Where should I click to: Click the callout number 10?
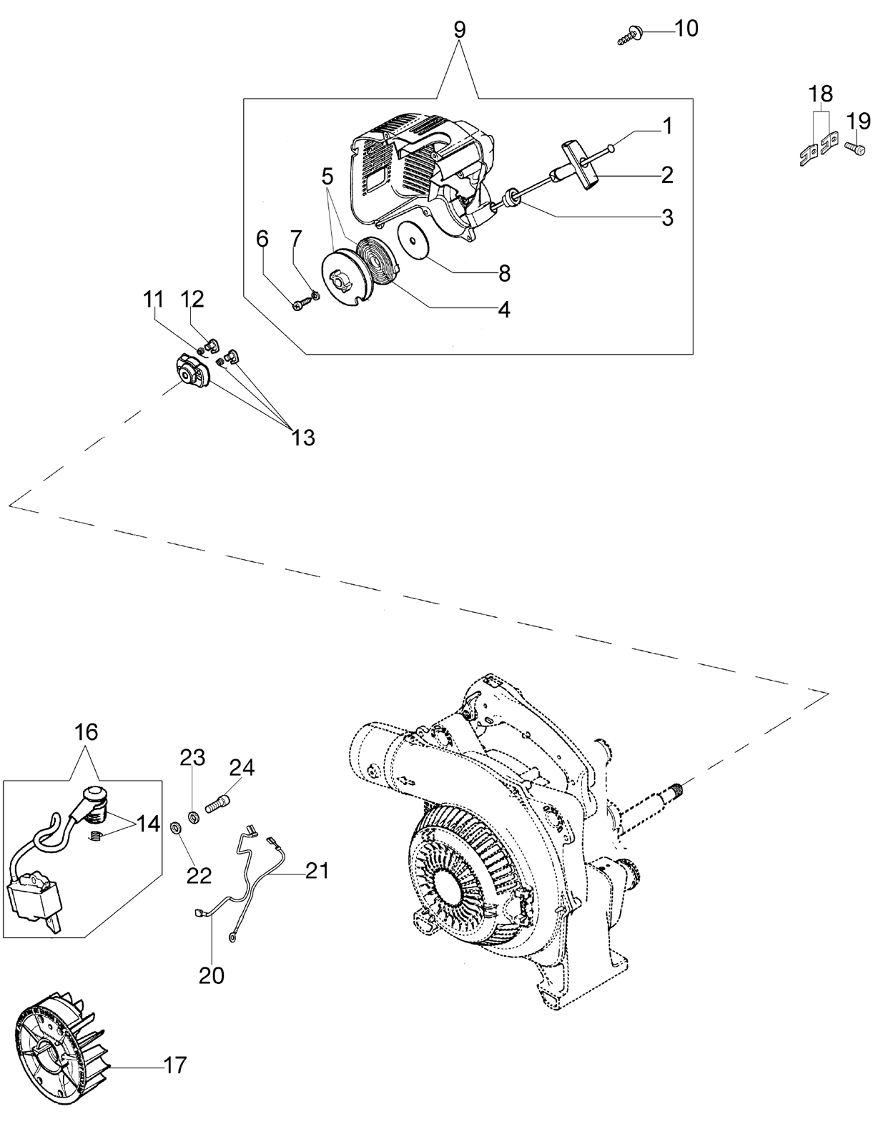(686, 29)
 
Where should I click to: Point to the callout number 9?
(460, 29)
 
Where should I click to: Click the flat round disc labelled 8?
(415, 240)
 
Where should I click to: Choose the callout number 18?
(821, 94)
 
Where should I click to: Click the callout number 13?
(303, 438)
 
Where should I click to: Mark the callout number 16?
(87, 731)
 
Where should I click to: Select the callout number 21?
(317, 870)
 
